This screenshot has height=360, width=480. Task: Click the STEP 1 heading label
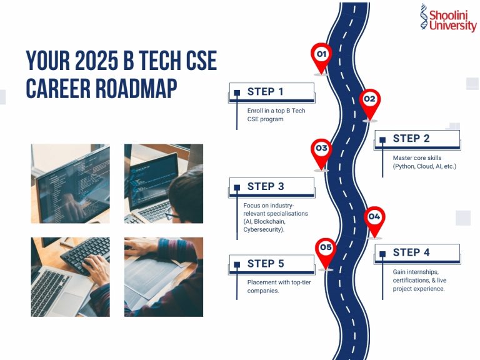[x=266, y=92]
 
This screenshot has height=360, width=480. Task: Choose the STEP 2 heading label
[x=411, y=139]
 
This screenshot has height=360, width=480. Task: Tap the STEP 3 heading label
[x=266, y=186]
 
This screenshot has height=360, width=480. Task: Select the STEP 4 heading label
[x=411, y=252]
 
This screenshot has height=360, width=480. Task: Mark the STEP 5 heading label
[x=266, y=264]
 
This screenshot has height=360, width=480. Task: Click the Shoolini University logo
[x=447, y=19]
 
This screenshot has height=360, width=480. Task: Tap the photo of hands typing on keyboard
[x=70, y=276]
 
